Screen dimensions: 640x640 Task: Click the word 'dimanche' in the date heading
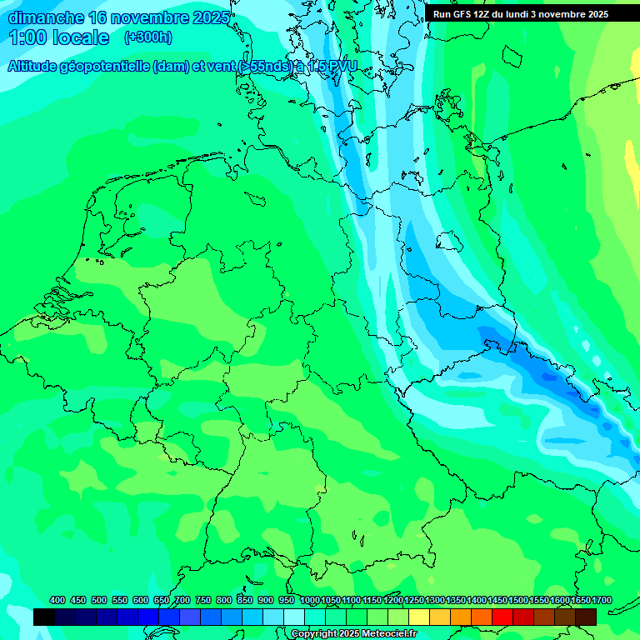tap(46, 17)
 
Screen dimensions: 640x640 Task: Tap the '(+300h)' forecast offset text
tap(148, 37)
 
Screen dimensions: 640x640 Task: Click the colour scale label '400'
tap(57, 601)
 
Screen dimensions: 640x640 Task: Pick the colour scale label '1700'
tap(579, 601)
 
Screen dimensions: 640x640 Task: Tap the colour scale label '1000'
tap(310, 601)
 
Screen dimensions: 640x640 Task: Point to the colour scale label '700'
tap(182, 601)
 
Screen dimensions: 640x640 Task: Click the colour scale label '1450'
tap(497, 601)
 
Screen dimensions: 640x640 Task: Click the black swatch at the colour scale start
tap(44, 617)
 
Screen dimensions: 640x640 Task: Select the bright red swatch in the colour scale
tap(502, 617)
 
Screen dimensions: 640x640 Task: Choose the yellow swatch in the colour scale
tap(419, 617)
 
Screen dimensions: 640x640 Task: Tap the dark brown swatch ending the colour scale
tap(586, 617)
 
